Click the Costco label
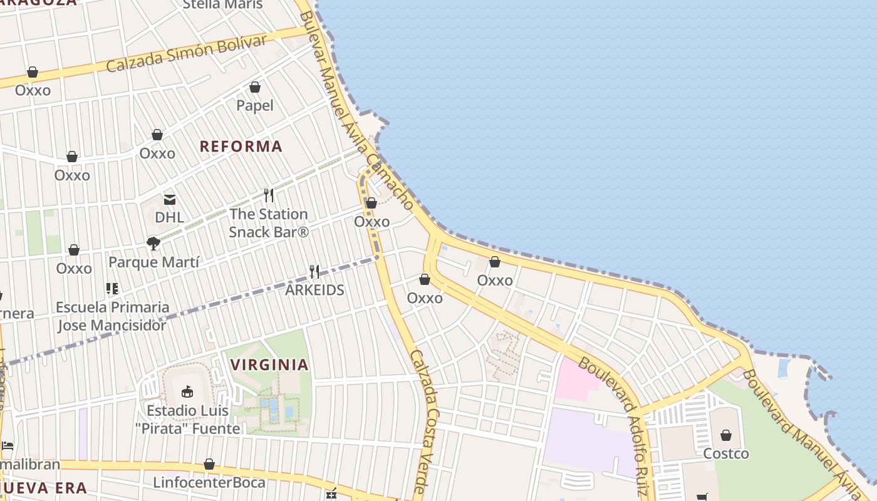pos(726,453)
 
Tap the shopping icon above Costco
pos(726,435)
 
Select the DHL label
pos(169,217)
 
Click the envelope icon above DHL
pos(170,200)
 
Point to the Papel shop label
pos(255,105)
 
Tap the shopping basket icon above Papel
pos(255,87)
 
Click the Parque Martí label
pos(154,262)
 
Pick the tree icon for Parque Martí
pos(153,243)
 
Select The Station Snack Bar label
pos(269,223)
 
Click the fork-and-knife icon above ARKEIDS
pos(314,272)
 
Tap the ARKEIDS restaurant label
pos(314,290)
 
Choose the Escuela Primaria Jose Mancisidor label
pos(112,316)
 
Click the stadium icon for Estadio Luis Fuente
pos(187,392)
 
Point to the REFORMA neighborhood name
pos(241,147)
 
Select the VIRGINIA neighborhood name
pos(269,364)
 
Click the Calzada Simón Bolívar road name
pos(187,53)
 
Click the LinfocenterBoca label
pos(209,483)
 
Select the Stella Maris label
pos(223,5)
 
